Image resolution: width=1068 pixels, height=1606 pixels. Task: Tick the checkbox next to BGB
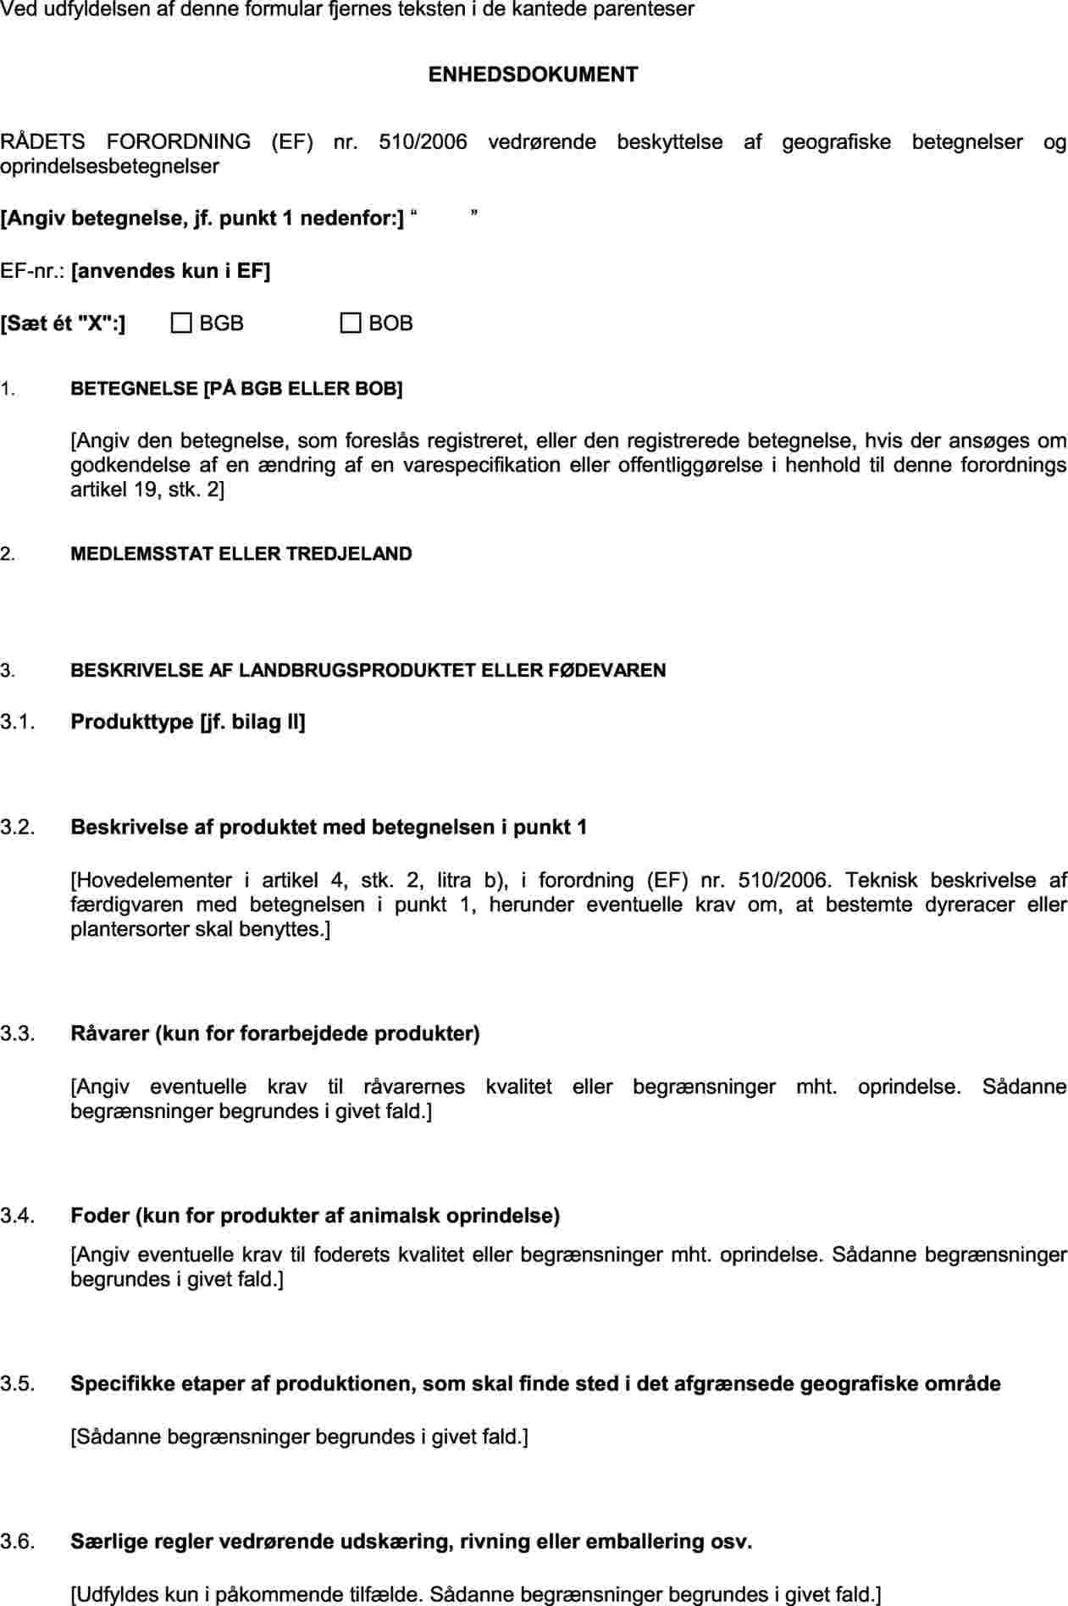[181, 323]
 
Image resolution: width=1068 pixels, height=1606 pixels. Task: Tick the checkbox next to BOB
[351, 323]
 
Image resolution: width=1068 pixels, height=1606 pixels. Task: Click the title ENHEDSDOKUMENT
[533, 75]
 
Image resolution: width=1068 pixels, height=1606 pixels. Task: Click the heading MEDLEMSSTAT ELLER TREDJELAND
[241, 554]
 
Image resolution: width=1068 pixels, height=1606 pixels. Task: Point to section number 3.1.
[17, 722]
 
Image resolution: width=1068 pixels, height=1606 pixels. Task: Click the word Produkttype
[132, 722]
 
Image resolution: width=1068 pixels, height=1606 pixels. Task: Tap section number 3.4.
[17, 1216]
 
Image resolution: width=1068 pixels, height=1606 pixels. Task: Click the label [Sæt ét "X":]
[63, 324]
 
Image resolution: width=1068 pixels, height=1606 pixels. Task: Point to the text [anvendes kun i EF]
[171, 271]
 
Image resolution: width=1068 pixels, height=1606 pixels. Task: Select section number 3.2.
[17, 827]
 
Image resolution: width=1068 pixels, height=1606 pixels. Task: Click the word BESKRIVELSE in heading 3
[137, 671]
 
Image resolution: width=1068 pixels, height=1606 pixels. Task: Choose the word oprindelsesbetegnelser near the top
[109, 166]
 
